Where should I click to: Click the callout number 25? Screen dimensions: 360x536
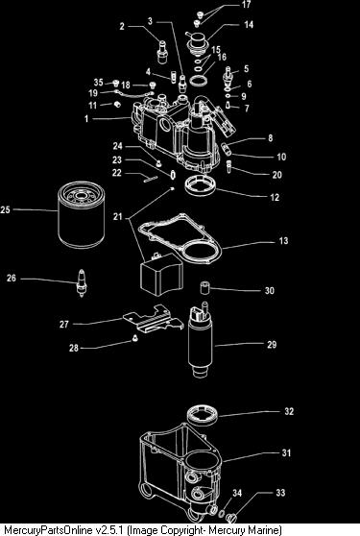5,209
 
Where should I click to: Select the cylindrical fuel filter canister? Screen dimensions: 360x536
81,214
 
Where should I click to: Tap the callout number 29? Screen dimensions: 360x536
272,344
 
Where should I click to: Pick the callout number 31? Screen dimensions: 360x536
286,453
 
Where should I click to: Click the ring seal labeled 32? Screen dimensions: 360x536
204,415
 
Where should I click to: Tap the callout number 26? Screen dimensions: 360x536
12,279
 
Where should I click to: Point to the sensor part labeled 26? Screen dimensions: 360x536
82,282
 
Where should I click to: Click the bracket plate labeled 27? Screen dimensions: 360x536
153,319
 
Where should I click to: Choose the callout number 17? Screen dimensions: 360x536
246,4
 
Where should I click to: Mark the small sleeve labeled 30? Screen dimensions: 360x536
204,287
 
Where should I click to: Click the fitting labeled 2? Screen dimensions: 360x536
162,51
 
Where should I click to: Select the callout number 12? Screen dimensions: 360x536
275,197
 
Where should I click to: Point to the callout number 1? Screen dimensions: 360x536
86,118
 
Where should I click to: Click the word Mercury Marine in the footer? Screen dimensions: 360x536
245,530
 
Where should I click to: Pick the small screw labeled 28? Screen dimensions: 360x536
135,338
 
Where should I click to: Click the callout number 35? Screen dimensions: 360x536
98,82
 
